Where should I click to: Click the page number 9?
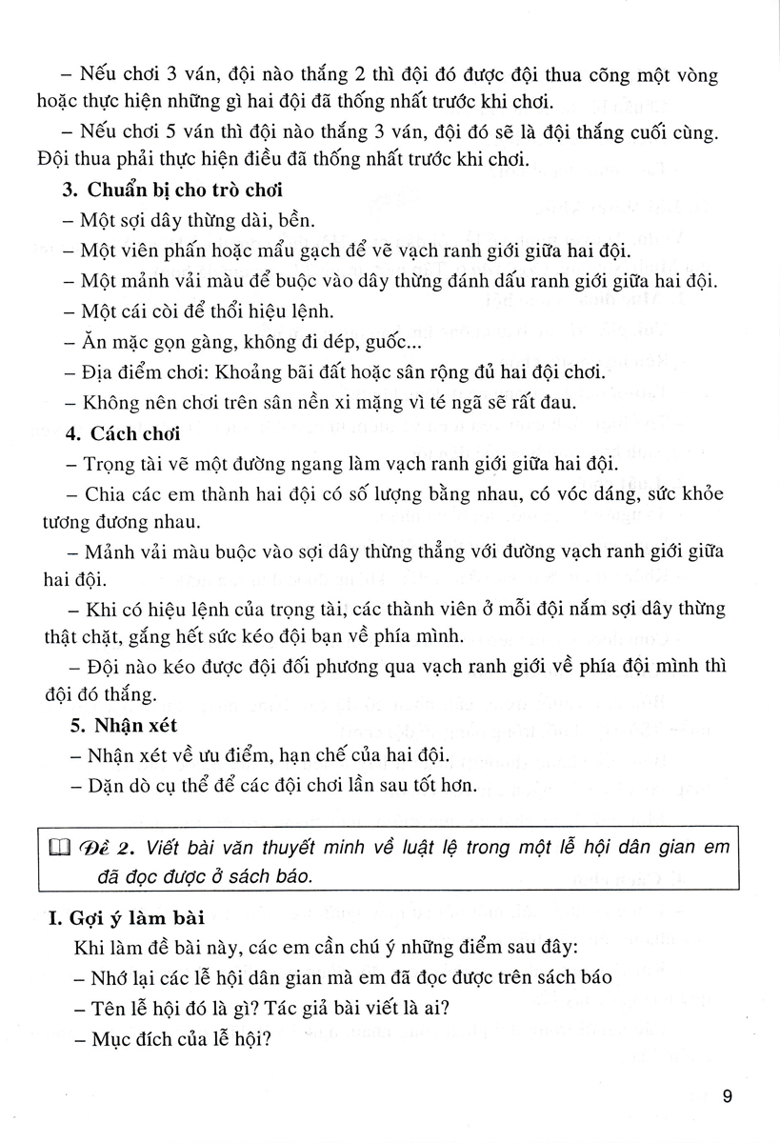[727, 1096]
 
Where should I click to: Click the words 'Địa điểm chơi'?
[138, 371]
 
